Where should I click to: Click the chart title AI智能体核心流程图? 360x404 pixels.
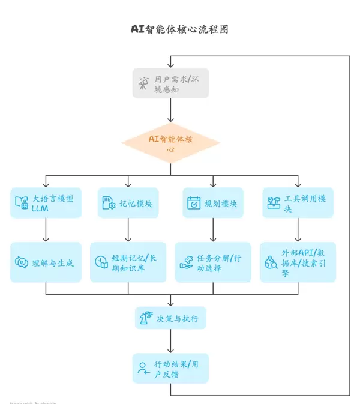[179, 29]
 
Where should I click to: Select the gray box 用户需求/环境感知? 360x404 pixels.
[170, 83]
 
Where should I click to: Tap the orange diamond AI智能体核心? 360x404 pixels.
[170, 143]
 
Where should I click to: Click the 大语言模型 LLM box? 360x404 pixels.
[46, 203]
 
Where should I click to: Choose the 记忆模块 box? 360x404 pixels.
[128, 203]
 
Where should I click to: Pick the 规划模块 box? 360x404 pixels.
[212, 203]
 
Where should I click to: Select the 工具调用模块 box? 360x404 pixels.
[298, 203]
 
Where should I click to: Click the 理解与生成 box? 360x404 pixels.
[46, 262]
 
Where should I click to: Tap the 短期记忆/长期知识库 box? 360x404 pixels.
[128, 262]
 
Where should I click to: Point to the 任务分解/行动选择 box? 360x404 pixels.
[212, 262]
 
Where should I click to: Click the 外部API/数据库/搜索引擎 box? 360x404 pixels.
[298, 262]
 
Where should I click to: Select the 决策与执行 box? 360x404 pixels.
[170, 318]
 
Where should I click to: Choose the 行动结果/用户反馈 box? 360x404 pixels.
[170, 369]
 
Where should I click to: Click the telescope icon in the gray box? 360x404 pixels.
[144, 83]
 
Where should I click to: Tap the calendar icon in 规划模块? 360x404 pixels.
[194, 203]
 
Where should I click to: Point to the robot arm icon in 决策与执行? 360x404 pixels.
[146, 318]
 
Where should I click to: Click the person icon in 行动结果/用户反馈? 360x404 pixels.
[143, 369]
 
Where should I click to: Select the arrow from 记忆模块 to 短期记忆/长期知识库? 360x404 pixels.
[128, 229]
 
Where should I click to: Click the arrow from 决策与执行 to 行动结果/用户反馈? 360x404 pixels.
[170, 341]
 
